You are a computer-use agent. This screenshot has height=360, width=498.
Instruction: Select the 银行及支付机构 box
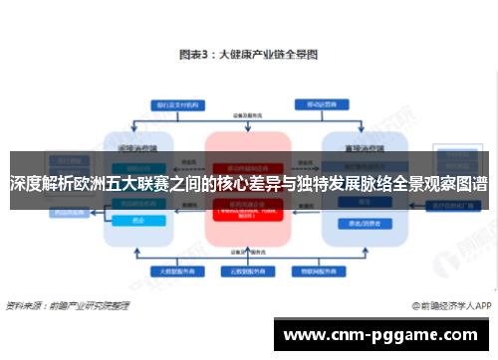[x=173, y=103]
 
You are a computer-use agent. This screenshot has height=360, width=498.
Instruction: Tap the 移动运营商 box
[x=322, y=103]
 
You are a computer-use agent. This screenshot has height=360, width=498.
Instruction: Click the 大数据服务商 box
[x=174, y=270]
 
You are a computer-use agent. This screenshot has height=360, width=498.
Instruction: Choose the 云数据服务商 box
[x=248, y=270]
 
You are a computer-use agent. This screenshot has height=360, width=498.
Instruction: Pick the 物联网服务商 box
[x=314, y=270]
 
